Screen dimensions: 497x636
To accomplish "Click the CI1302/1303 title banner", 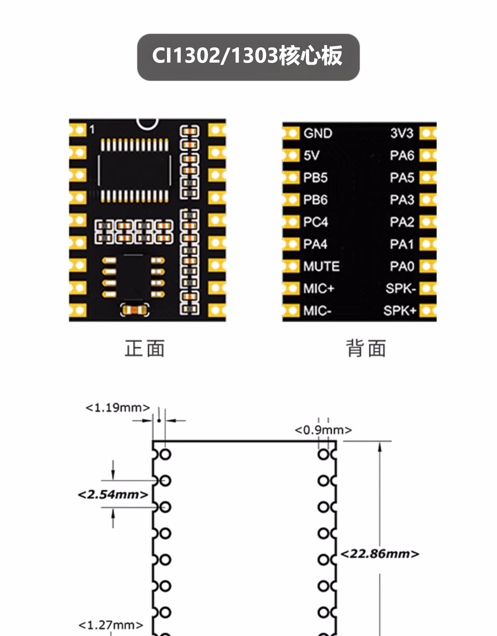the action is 248,57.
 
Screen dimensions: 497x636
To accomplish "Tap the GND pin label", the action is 318,133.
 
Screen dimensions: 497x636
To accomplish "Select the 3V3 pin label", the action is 402,133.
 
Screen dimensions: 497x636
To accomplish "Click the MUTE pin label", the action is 321,266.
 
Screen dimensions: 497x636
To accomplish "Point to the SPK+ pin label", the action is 400,311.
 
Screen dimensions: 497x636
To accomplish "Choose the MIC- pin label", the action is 317,311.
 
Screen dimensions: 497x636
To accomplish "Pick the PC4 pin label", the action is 315,222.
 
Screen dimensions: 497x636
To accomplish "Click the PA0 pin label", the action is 402,266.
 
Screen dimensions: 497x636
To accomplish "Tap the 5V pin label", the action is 311,155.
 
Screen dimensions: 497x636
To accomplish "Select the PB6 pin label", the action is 315,200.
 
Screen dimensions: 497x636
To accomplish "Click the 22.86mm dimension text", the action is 380,554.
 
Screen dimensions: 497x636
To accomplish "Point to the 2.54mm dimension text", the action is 113,495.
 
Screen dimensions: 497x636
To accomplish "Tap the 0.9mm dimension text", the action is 323,430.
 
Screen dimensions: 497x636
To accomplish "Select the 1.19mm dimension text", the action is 118,407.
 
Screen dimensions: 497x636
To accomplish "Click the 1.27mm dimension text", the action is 111,625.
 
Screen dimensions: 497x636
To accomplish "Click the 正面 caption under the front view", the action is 144,348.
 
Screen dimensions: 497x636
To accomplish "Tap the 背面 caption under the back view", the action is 366,348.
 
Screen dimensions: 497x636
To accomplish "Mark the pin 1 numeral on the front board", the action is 92,130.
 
